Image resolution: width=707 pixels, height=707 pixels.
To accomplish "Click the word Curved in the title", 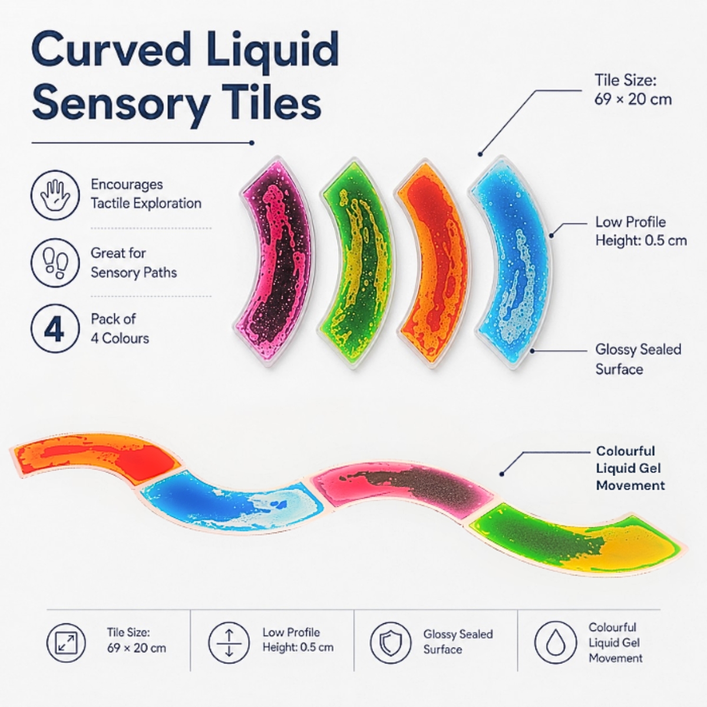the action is (x=111, y=51).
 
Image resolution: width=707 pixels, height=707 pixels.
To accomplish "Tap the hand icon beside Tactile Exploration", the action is (x=55, y=195).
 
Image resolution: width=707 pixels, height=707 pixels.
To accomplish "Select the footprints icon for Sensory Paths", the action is (x=55, y=263).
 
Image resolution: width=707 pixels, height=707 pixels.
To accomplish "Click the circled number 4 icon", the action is (x=55, y=329).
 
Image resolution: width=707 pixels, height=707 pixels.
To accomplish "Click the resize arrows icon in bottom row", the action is (x=66, y=643).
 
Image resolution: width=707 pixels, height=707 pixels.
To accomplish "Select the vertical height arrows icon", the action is (x=229, y=643).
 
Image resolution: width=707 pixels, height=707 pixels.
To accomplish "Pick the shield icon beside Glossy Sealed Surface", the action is (x=391, y=643).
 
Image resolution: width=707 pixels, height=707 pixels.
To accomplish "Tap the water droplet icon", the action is (x=556, y=643).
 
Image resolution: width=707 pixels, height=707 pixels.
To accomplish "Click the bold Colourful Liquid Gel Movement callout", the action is (x=630, y=468).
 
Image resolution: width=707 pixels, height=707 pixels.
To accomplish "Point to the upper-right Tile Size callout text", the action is (x=633, y=90).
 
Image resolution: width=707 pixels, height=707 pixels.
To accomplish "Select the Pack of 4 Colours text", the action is (x=120, y=329).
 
